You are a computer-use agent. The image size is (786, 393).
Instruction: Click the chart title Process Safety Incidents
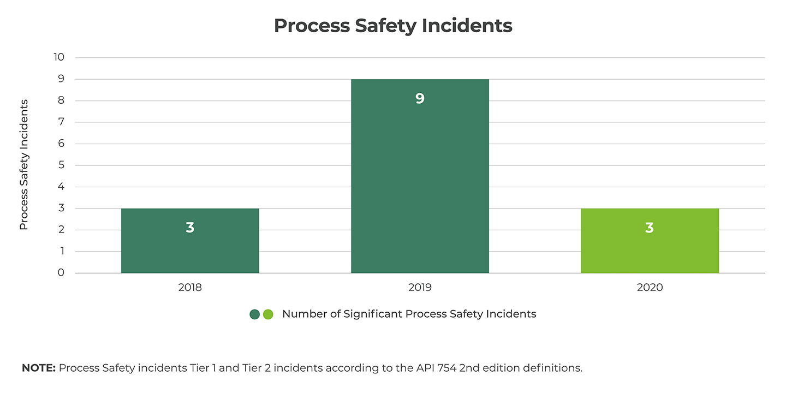tap(393, 26)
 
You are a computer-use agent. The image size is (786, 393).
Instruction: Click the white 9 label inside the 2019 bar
tap(420, 99)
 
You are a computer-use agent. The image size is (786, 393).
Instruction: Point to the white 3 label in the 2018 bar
tap(190, 228)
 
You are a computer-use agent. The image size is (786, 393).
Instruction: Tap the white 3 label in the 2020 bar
tap(650, 228)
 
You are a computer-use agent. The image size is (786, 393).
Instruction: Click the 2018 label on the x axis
tap(190, 287)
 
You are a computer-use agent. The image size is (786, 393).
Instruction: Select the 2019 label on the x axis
tap(420, 287)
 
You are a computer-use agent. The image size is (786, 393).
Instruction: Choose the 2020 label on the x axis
tap(650, 287)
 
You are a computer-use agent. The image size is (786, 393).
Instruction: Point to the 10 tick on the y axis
tap(59, 57)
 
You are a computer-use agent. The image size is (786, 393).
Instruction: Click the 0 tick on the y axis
tap(61, 273)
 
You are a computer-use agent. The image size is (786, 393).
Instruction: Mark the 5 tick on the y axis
tap(61, 165)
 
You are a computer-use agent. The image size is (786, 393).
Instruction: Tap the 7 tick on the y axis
tap(61, 122)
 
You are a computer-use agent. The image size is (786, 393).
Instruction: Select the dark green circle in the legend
tap(254, 314)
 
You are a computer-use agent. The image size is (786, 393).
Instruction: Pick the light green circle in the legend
tap(267, 314)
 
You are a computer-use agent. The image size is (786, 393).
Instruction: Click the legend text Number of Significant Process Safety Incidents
tap(409, 314)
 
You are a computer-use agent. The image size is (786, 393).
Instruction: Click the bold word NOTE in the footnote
tap(39, 368)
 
